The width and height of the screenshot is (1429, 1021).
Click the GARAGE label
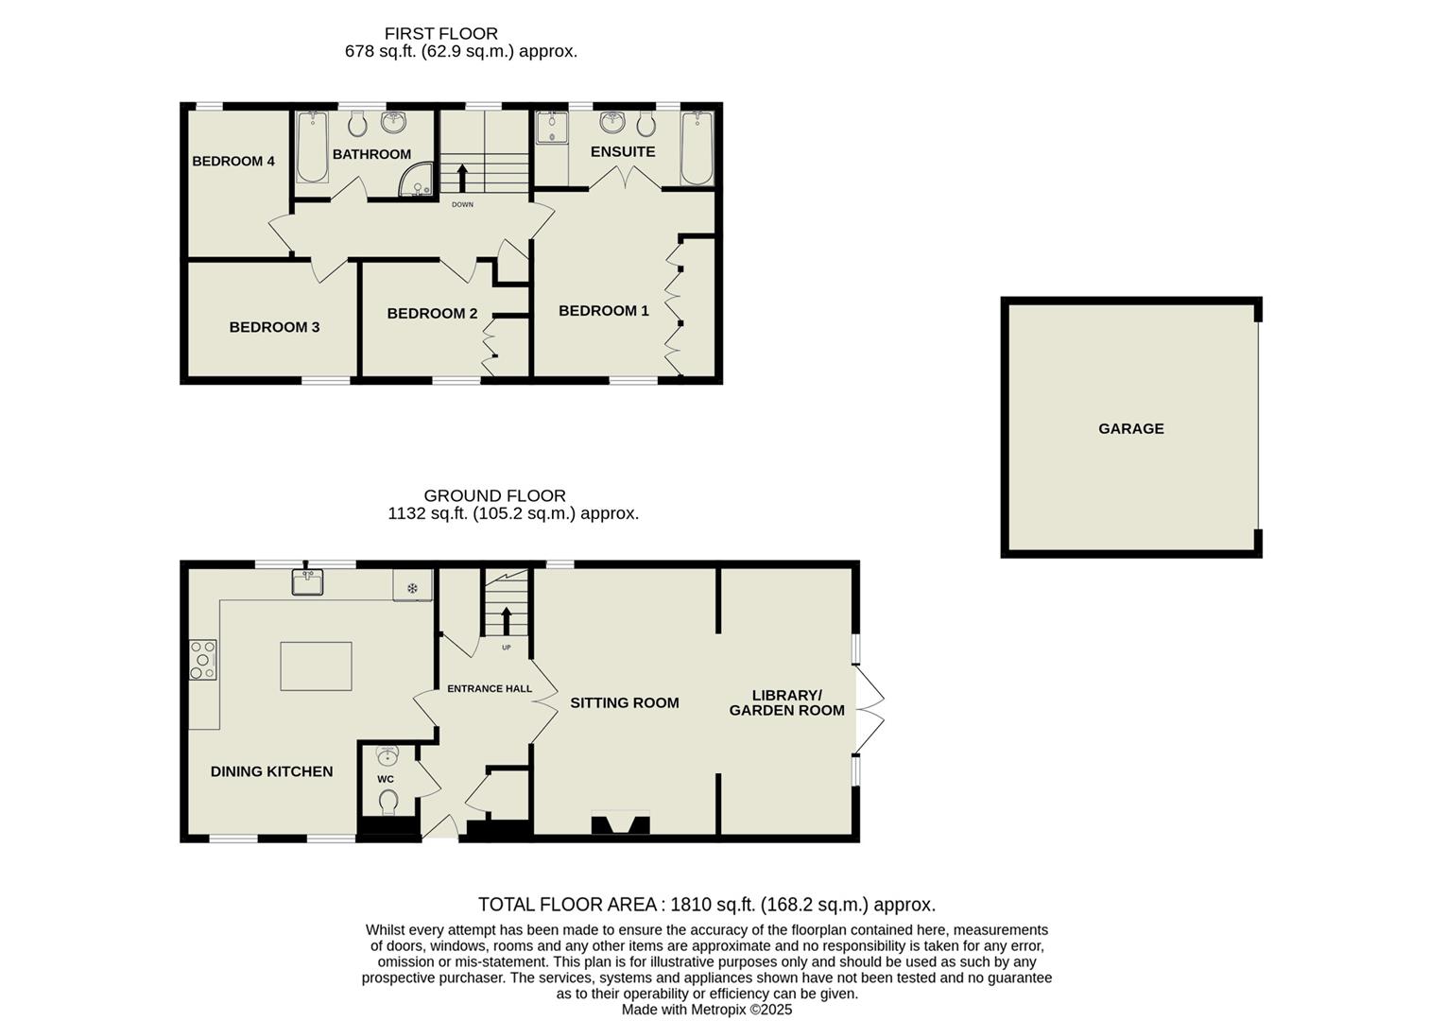click(1130, 428)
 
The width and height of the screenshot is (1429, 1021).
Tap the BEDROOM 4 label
click(233, 161)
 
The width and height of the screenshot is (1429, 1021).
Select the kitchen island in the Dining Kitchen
click(316, 666)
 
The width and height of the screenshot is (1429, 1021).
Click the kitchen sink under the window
click(308, 583)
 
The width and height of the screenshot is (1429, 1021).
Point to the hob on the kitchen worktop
click(202, 659)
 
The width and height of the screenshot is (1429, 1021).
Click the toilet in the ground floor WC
click(387, 802)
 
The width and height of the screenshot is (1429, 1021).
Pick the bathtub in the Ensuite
click(697, 147)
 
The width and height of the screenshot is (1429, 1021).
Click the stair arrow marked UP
click(506, 621)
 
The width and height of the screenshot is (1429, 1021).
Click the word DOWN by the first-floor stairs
click(462, 204)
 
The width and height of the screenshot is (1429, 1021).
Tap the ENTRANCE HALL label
click(490, 688)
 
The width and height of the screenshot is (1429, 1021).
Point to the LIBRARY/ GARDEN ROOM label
click(787, 702)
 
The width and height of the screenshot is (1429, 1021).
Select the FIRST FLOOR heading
click(440, 34)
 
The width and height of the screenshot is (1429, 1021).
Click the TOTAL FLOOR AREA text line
click(706, 905)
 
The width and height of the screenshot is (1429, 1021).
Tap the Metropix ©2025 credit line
click(706, 1010)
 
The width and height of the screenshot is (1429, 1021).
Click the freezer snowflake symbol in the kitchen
click(412, 587)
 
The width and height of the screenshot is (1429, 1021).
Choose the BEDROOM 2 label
click(432, 313)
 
